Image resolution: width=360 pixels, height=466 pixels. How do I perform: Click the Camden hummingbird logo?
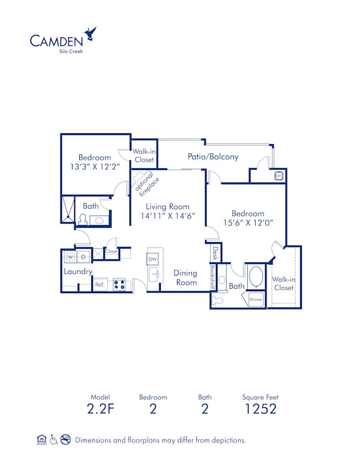pyautogui.click(x=91, y=33)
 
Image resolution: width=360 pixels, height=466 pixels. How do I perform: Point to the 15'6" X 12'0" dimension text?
pyautogui.click(x=248, y=223)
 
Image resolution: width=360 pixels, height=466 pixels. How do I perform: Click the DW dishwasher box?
pyautogui.click(x=152, y=259)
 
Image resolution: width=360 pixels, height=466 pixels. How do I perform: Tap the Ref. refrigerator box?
pyautogui.click(x=100, y=285)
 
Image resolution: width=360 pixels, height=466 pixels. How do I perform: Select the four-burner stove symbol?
pyautogui.click(x=119, y=285)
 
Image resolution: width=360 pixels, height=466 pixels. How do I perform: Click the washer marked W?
pyautogui.click(x=70, y=257)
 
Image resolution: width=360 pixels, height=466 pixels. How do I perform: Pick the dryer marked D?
pyautogui.click(x=83, y=257)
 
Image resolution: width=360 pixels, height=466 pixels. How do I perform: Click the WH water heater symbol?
pyautogui.click(x=279, y=176)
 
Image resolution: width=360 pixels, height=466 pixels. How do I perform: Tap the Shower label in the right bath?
pyautogui.click(x=256, y=299)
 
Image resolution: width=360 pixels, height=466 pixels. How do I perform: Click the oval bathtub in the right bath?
pyautogui.click(x=256, y=278)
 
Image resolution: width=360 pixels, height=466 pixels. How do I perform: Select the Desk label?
pyautogui.click(x=215, y=253)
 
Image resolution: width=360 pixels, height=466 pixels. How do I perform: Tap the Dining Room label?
pyautogui.click(x=185, y=277)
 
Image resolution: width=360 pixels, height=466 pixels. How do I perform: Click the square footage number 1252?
pyautogui.click(x=260, y=410)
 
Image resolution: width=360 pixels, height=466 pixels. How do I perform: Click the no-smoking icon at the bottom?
pyautogui.click(x=65, y=440)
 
